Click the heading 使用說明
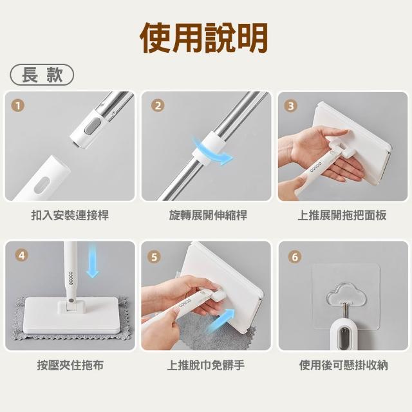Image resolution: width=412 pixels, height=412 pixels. click(x=204, y=37)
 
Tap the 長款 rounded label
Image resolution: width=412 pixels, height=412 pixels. click(x=42, y=75)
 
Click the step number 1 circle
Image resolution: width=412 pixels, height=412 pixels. click(x=18, y=106)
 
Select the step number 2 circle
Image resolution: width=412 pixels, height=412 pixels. click(x=158, y=106)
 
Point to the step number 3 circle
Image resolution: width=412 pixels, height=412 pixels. click(x=291, y=106)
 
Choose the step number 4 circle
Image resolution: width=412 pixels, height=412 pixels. click(x=22, y=255)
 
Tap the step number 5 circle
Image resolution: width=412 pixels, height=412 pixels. click(x=154, y=257)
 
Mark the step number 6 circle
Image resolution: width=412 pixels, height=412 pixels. click(x=295, y=256)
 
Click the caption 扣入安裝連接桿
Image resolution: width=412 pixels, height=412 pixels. click(x=70, y=215)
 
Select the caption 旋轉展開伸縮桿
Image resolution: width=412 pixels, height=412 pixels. click(x=208, y=215)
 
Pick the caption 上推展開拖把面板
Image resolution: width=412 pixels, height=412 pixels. click(x=342, y=215)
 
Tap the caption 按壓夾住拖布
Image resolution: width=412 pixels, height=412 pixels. click(x=70, y=365)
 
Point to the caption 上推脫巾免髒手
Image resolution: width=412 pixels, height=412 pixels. click(x=206, y=365)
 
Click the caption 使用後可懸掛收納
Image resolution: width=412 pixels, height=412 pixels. click(x=343, y=365)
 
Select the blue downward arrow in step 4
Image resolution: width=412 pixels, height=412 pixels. click(x=93, y=260)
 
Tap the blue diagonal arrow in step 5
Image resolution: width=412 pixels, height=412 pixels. click(x=220, y=321)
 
